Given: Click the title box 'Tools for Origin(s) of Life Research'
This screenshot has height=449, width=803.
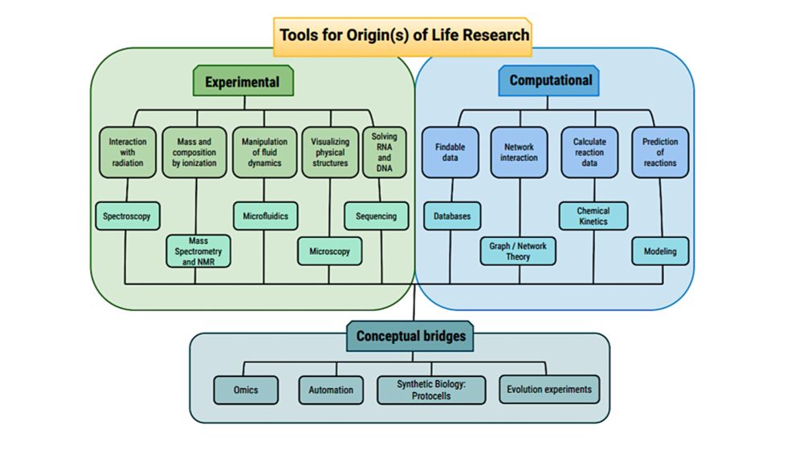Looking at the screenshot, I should pos(404,35).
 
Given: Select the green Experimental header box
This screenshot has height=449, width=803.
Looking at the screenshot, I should pos(243,82).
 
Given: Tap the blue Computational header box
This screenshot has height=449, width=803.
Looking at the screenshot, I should pos(550,81).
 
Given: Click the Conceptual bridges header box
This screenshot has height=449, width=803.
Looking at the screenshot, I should pos(410,336).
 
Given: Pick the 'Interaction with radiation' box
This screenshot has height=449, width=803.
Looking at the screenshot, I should pos(128,152).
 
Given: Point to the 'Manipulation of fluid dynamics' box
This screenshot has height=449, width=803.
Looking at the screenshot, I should pos(264,152).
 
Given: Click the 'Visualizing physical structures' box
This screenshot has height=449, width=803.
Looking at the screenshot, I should pos(330,152).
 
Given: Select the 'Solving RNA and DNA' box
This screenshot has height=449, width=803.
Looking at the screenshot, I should pos(385,152).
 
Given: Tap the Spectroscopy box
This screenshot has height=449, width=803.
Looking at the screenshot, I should pos(127,216).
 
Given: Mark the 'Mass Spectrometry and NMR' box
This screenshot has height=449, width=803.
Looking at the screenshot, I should pos(198,251).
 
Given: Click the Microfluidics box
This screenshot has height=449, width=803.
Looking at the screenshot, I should pos(266,216).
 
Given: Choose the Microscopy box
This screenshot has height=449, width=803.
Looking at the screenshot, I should pos(329,251).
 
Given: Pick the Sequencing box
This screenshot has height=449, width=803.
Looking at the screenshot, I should pos(376,216).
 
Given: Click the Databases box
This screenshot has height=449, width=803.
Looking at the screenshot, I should pos(452,216).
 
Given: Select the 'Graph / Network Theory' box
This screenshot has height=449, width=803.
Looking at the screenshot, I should pos(518,251).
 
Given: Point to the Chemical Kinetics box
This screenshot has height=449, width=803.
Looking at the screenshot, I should pos(593,216).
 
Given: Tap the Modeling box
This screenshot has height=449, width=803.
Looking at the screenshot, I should pos(660,251).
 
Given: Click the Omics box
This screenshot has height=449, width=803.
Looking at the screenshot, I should pos(246,390).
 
